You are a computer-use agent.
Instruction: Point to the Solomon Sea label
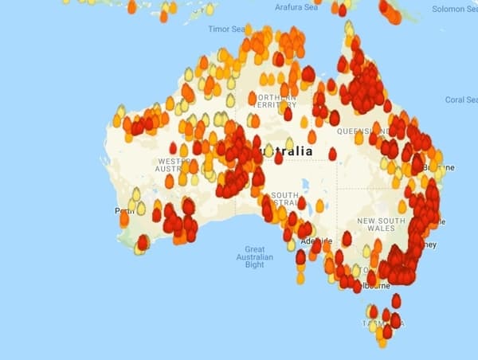(453, 9)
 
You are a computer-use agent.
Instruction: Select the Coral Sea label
(460, 100)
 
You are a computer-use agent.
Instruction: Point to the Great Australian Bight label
(254, 257)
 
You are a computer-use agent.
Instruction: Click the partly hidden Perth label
(122, 211)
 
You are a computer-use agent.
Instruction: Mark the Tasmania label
(382, 324)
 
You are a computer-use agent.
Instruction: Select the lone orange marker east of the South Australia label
(319, 206)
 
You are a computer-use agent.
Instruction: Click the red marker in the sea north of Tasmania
(396, 301)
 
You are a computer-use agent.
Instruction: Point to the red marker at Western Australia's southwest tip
(143, 242)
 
